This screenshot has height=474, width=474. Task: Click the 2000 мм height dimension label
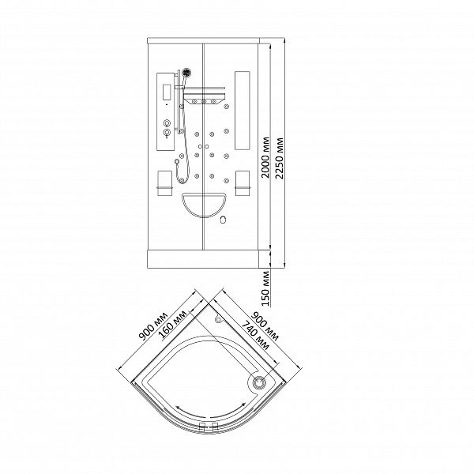coord(265,157)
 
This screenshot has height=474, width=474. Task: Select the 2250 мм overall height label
coord(280,158)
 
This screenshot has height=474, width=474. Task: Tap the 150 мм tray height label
coord(265,288)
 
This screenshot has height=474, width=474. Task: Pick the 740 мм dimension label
coord(256,336)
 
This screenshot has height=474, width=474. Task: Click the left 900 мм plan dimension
coord(153,325)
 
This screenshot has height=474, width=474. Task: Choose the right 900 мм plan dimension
coord(265,326)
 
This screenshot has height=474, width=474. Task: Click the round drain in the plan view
coord(259,382)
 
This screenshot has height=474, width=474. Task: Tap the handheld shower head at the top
coord(186,73)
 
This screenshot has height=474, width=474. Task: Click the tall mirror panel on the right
coord(243,111)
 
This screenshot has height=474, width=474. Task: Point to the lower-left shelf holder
coord(165,183)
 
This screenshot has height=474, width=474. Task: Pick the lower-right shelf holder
coord(243,183)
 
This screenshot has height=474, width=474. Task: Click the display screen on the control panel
coord(167,92)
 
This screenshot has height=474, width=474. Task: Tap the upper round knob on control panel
coord(167,123)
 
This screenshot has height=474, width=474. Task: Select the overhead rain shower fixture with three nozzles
coord(205,96)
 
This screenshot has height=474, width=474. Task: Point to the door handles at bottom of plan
coord(209,427)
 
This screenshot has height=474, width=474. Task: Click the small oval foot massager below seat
coord(224,220)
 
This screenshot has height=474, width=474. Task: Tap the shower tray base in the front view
coord(203,259)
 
